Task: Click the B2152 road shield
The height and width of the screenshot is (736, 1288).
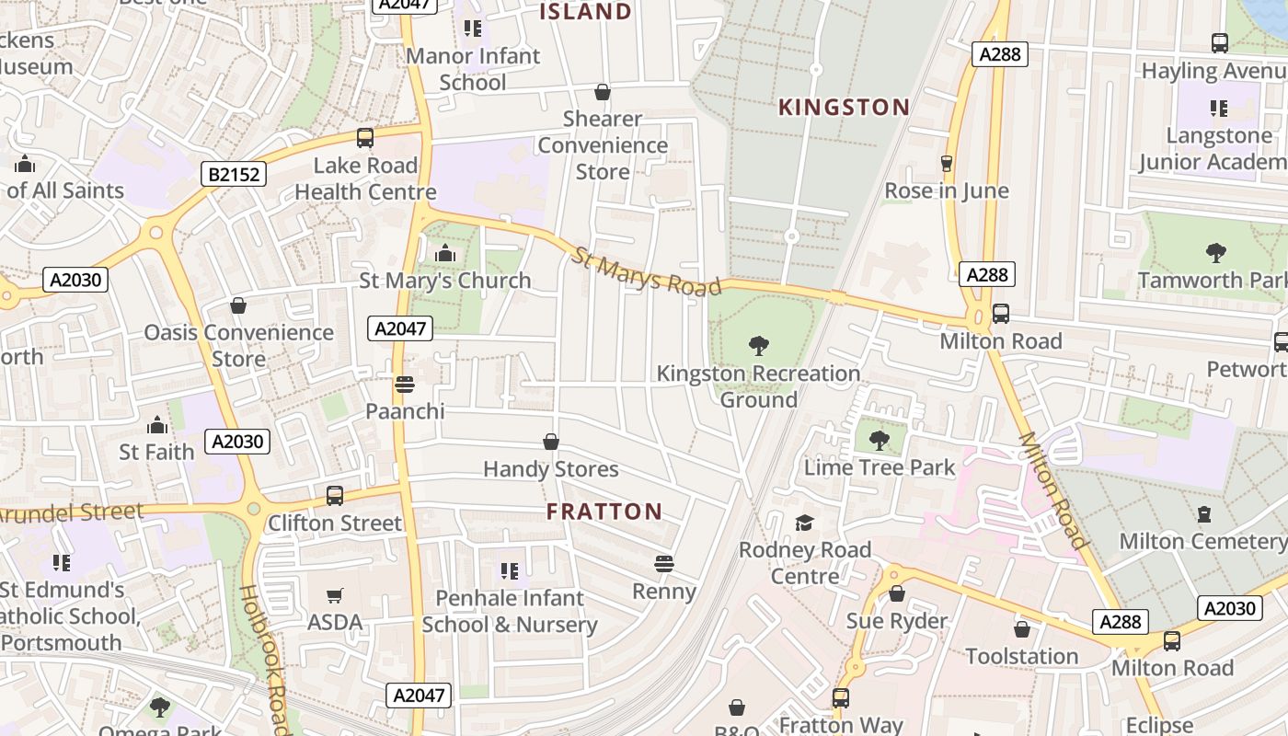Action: tap(234, 174)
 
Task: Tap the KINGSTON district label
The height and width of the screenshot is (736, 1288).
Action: tap(844, 108)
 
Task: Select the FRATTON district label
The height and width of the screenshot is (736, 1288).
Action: tap(604, 512)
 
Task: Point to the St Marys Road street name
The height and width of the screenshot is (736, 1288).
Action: tap(647, 271)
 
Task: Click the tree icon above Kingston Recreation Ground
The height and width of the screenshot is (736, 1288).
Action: tap(759, 346)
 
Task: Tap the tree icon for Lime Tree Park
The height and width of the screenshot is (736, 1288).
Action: tap(880, 440)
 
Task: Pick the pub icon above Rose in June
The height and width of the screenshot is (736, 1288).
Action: tap(946, 164)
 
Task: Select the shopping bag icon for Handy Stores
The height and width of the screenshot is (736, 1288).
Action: tap(551, 443)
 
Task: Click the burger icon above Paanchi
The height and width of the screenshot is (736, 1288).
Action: tap(404, 384)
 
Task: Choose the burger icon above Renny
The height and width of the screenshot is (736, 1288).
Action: tap(664, 563)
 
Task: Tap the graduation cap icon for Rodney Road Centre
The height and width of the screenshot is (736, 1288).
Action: tap(805, 523)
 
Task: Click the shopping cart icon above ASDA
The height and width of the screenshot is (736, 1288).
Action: tap(335, 595)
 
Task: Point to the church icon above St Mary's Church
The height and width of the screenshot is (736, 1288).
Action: tap(445, 253)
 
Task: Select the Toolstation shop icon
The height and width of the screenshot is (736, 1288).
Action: tap(1021, 629)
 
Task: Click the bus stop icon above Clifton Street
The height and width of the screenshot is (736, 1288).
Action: tap(335, 495)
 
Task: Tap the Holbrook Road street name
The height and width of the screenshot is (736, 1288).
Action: tap(266, 658)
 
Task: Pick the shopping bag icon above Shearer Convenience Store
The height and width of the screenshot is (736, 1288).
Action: tap(603, 92)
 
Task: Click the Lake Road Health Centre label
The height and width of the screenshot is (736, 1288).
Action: tap(365, 178)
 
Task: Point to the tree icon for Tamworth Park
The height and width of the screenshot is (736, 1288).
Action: tap(1215, 252)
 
